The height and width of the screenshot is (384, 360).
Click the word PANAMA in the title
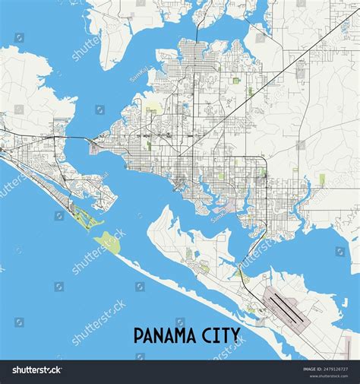(166, 335)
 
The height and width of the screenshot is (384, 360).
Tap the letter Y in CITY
(236, 335)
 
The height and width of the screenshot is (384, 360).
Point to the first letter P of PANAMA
(139, 335)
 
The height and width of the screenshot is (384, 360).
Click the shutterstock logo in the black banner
(36, 370)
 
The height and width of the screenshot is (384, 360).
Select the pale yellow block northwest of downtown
(153, 112)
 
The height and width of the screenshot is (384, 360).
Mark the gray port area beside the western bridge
(94, 148)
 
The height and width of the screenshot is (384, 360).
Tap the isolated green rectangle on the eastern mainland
(322, 179)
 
